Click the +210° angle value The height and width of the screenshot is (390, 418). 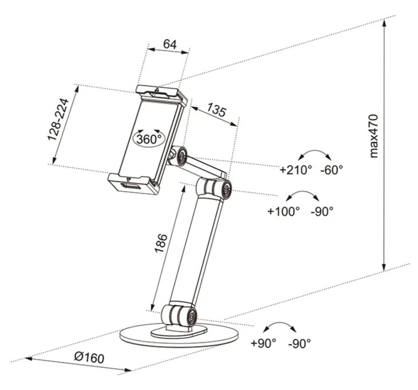click(296, 170)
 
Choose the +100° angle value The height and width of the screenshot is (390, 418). click(283, 211)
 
